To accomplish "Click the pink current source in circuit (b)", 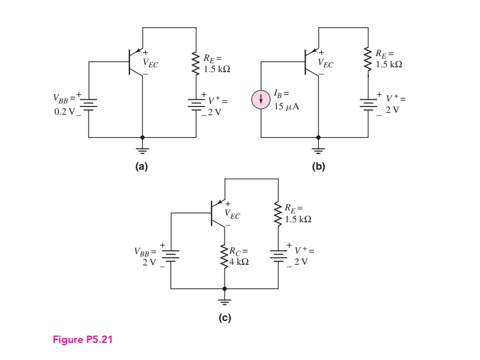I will tap(261, 99).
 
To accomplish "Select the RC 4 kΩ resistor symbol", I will tap(225, 256).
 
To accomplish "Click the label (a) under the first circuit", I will tap(141, 167).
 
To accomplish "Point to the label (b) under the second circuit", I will tap(318, 167).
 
